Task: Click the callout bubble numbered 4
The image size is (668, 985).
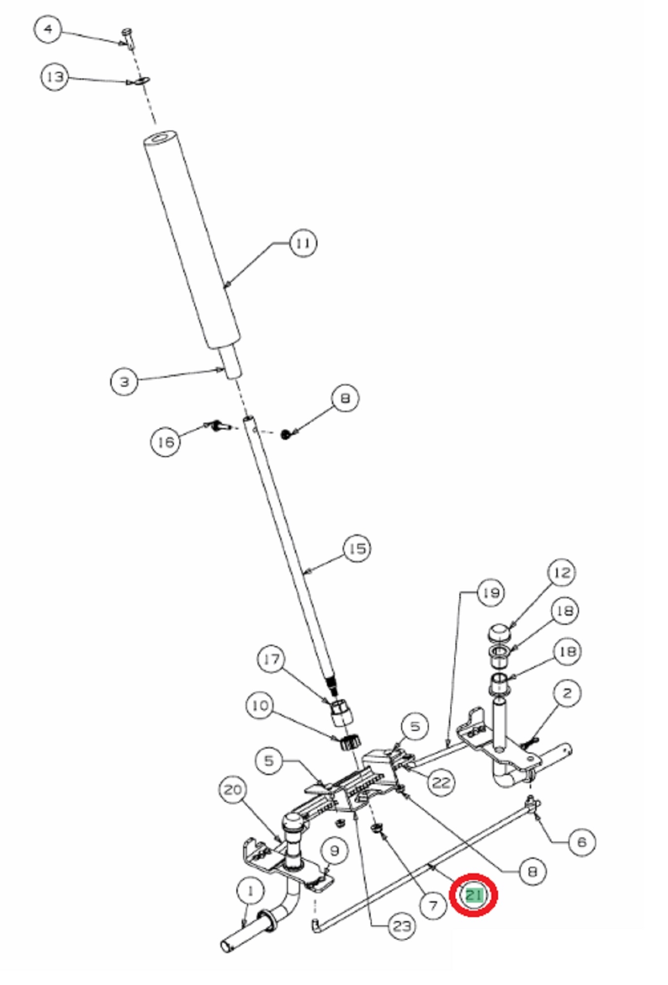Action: pyautogui.click(x=48, y=30)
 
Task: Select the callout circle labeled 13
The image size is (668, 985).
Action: pyautogui.click(x=54, y=77)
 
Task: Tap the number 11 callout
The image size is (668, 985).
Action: pyautogui.click(x=303, y=243)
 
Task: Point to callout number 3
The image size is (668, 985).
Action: pyautogui.click(x=124, y=381)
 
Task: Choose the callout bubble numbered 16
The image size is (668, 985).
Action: pyautogui.click(x=165, y=442)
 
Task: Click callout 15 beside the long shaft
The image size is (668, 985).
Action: pyautogui.click(x=357, y=549)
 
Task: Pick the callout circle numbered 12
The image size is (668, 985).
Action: pyautogui.click(x=562, y=572)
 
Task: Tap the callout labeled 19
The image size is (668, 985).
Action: pyautogui.click(x=491, y=592)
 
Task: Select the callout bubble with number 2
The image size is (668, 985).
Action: pyautogui.click(x=567, y=693)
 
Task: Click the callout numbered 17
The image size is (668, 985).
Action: pyautogui.click(x=271, y=659)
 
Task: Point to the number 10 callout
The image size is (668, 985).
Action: pyautogui.click(x=259, y=706)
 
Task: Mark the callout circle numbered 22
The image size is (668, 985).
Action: pyautogui.click(x=441, y=783)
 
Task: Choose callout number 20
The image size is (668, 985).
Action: pyautogui.click(x=232, y=790)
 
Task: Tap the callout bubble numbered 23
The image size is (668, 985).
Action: pyautogui.click(x=402, y=926)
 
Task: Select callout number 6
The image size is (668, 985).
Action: pyautogui.click(x=582, y=842)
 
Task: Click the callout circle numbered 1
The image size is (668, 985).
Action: pyautogui.click(x=250, y=891)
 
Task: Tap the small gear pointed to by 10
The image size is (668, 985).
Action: pyautogui.click(x=350, y=742)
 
